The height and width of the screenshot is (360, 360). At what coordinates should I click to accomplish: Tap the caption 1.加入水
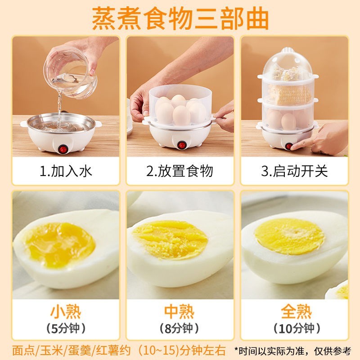(66, 171)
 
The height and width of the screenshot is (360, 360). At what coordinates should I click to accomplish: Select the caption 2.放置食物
(180, 171)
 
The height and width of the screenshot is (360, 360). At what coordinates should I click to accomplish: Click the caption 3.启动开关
(295, 171)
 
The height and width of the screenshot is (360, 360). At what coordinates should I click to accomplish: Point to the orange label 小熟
(66, 312)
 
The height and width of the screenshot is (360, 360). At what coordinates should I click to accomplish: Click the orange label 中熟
(180, 312)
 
